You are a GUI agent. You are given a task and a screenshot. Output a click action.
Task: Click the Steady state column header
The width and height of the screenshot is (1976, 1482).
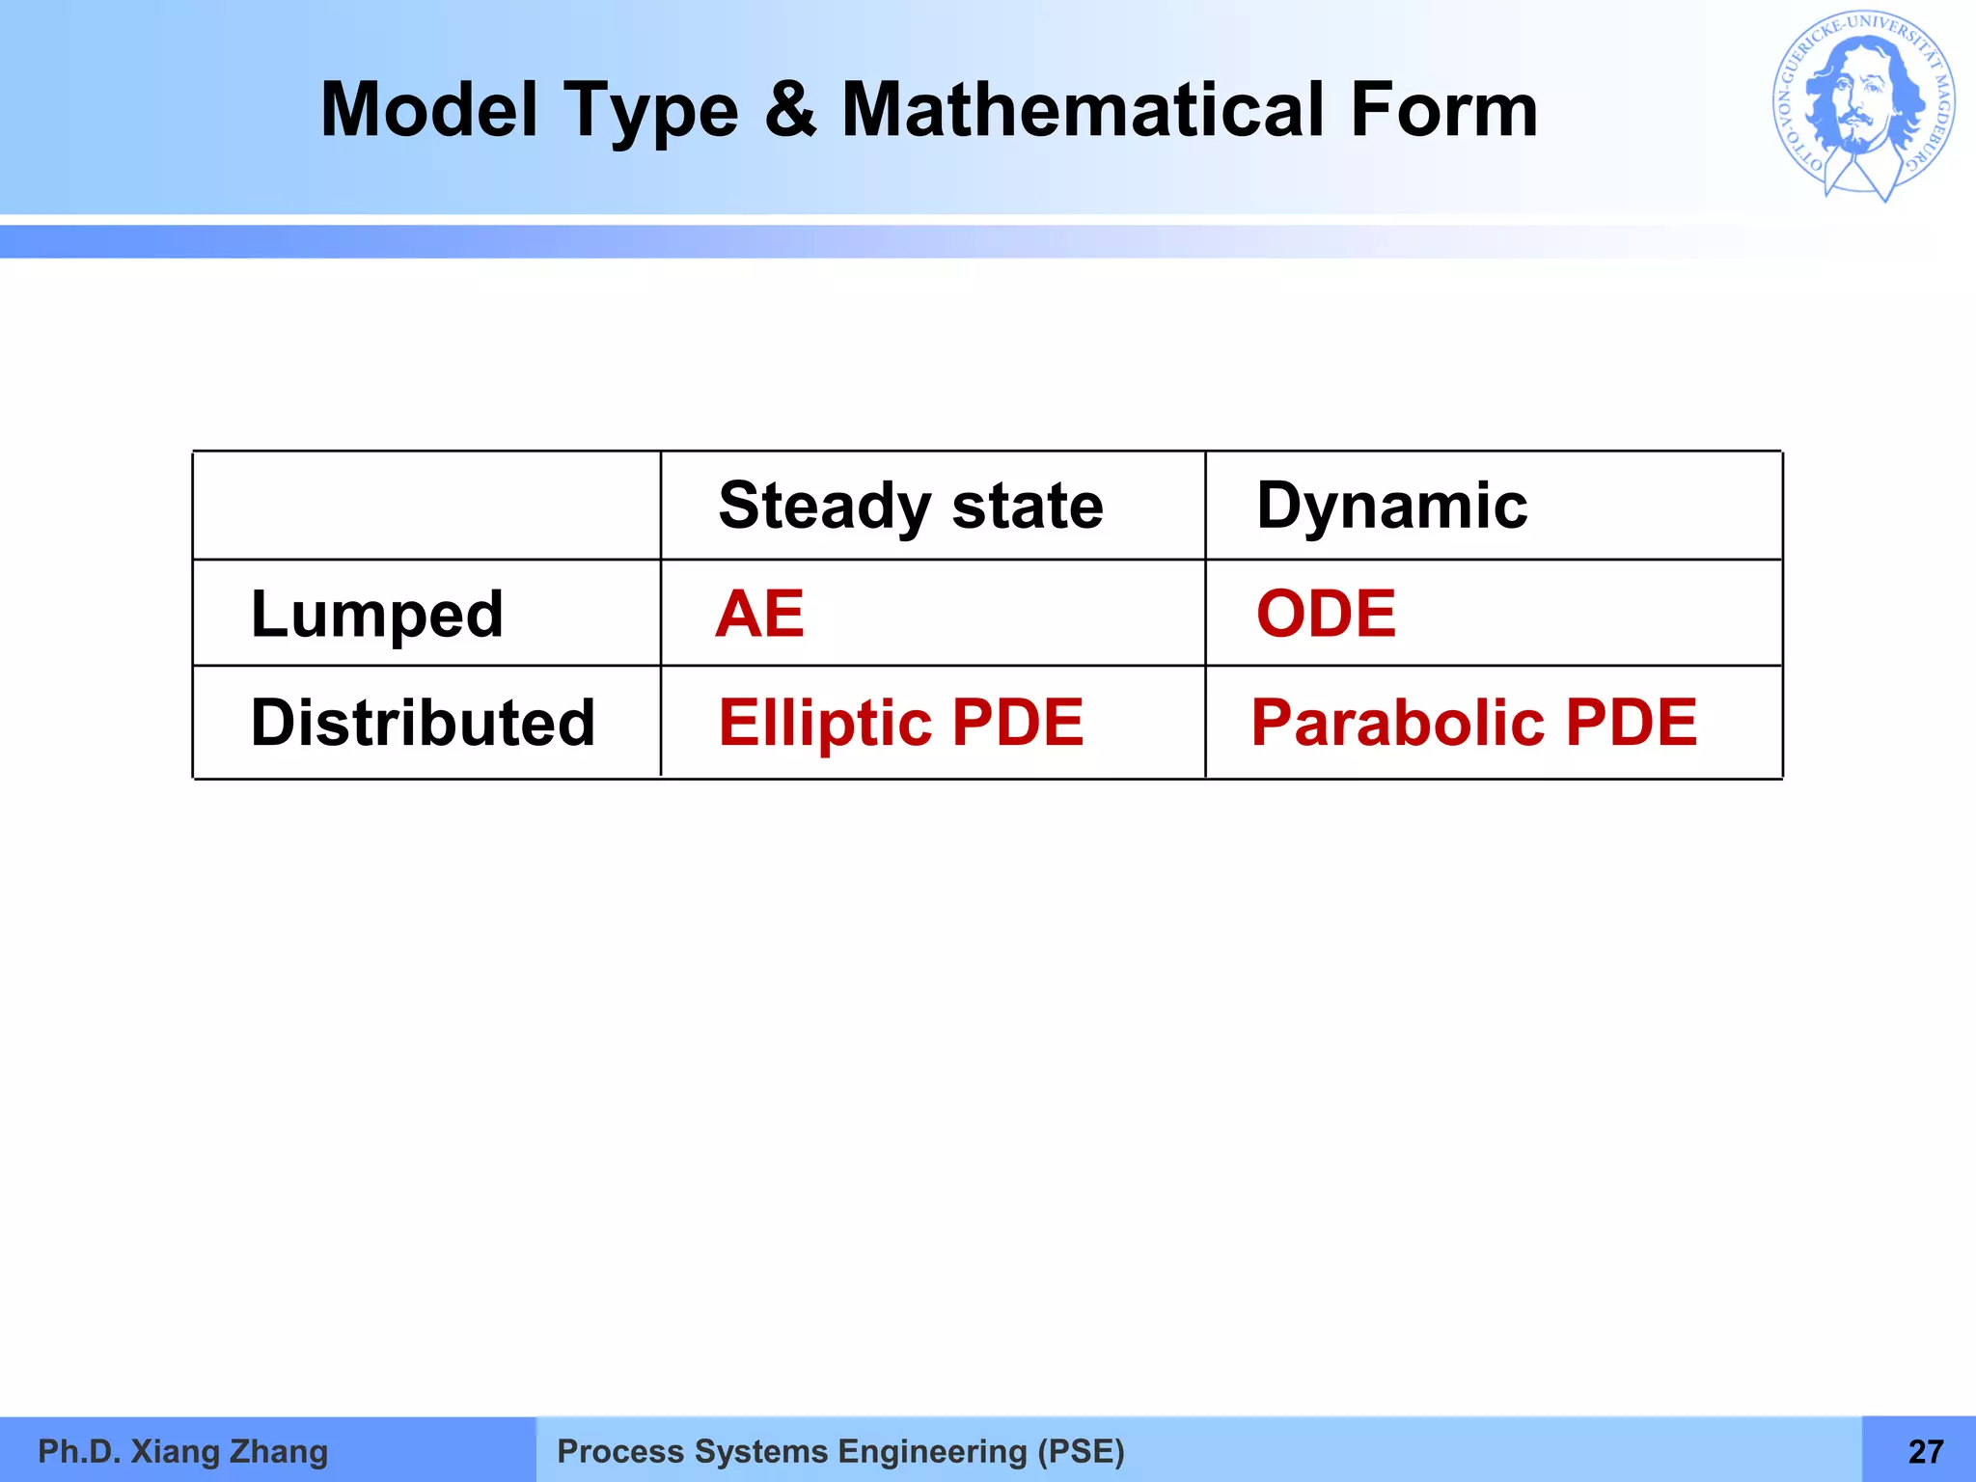click(x=910, y=506)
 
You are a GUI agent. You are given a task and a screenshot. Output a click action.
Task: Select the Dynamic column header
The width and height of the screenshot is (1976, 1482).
click(x=1391, y=506)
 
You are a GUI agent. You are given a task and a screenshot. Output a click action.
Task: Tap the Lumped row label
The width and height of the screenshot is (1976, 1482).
click(x=376, y=615)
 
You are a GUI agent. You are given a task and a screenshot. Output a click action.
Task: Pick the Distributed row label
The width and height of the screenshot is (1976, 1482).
click(x=423, y=723)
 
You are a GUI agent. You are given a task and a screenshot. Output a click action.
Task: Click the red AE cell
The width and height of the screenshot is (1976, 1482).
click(x=759, y=614)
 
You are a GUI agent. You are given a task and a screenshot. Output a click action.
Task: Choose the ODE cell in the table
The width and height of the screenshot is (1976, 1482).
click(x=1326, y=614)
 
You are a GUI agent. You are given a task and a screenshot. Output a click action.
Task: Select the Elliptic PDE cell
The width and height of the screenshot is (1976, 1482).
click(x=900, y=723)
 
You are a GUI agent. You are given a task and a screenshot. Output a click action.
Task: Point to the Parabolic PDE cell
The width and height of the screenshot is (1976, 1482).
click(x=1473, y=723)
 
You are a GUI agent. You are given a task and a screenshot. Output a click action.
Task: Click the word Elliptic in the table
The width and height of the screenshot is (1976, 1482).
click(x=824, y=723)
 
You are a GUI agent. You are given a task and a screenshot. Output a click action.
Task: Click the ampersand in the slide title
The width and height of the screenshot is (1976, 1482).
click(x=790, y=110)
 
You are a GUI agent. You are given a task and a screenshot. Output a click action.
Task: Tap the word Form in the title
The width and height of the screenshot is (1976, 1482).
click(x=1443, y=110)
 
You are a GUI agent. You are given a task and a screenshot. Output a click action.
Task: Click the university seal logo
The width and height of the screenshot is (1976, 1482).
click(x=1863, y=106)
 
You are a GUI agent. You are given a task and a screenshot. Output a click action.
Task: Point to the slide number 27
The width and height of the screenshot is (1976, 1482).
click(x=1926, y=1451)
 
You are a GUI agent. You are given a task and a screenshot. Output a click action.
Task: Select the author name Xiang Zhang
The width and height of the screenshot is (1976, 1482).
click(x=229, y=1451)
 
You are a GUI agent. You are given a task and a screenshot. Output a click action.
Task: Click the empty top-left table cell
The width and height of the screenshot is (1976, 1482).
click(x=426, y=506)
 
